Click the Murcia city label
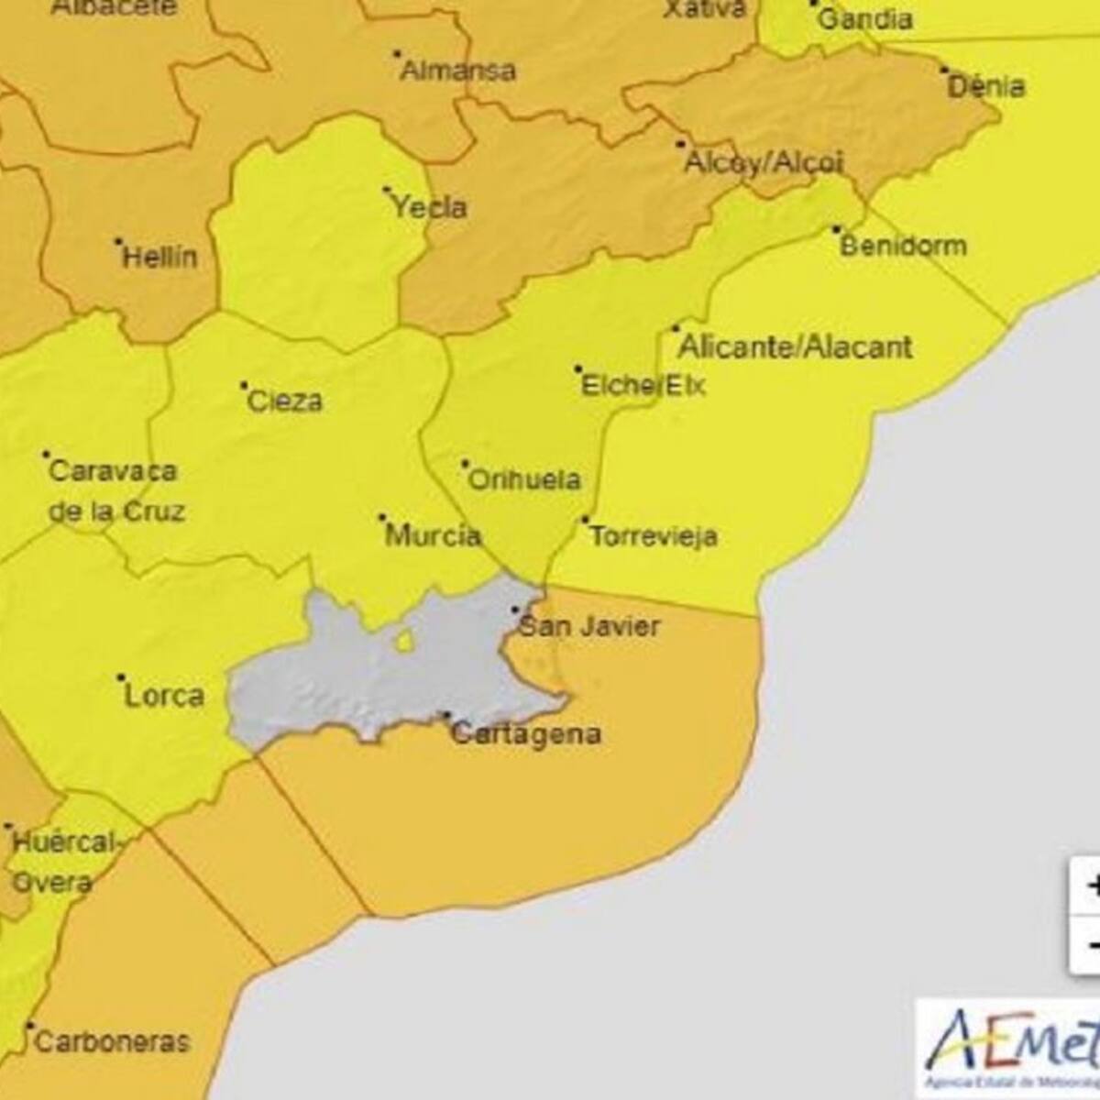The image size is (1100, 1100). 433,535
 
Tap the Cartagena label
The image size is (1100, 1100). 526,734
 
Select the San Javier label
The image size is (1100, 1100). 588,627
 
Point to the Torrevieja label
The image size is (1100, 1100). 653,536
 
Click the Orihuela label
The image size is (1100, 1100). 523,480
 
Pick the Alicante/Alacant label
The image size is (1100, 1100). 795,347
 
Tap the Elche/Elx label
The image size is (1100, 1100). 643,385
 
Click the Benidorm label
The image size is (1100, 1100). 903,247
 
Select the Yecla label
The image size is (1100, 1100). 429,208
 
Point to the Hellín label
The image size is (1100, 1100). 159,258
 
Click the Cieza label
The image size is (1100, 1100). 285,401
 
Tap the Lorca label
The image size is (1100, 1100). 164,696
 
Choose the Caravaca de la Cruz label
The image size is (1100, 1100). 114,491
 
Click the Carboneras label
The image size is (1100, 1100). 112,1042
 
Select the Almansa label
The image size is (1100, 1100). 458,71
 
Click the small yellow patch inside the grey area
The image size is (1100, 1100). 404,642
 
